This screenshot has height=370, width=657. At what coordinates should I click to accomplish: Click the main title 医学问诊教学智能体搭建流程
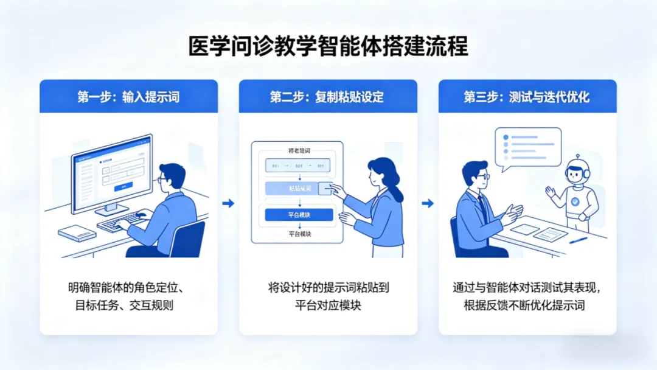pos(328,47)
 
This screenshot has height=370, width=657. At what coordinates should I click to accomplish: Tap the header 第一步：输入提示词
pos(128,97)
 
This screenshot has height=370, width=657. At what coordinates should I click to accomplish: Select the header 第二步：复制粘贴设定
pos(327,97)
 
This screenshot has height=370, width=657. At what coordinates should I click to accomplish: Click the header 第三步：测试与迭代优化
pos(527,97)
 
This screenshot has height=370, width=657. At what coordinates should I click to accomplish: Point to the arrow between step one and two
pos(228,203)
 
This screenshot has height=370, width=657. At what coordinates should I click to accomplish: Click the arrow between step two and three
pos(428,203)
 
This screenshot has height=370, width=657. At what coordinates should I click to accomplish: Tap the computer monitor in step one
pos(112,173)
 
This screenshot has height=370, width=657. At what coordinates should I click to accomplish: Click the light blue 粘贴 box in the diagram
pos(292,189)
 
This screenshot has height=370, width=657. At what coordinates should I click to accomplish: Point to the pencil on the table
pos(579,240)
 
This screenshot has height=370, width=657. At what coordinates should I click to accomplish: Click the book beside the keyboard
pos(77,233)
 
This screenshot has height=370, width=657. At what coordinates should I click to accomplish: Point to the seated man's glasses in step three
pos(482,176)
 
